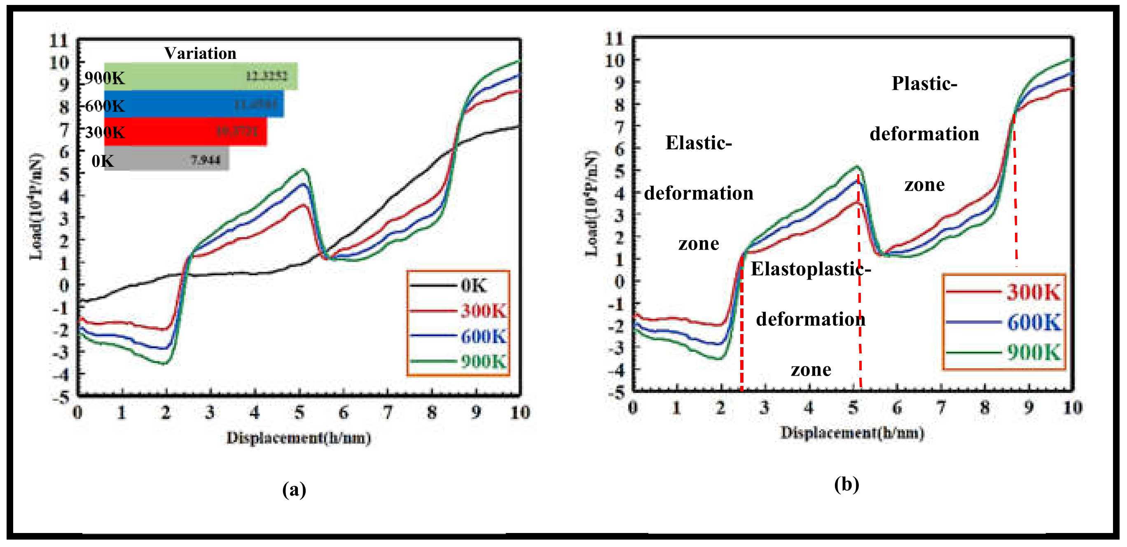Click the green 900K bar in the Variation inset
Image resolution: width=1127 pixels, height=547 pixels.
(x=201, y=77)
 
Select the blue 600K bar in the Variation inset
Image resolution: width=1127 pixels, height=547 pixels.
(x=195, y=104)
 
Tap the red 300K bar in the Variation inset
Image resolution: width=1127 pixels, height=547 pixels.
(x=186, y=131)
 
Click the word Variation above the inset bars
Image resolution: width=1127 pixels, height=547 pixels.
(x=200, y=54)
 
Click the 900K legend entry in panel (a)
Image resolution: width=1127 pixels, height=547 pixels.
(x=483, y=362)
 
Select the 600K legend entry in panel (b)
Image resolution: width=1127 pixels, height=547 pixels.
(x=1033, y=323)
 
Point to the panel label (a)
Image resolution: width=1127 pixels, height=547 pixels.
(x=294, y=489)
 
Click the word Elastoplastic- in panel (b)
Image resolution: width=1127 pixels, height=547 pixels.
(x=811, y=269)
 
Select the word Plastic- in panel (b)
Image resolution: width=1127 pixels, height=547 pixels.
(x=924, y=83)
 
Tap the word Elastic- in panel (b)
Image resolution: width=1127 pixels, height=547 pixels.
(x=698, y=143)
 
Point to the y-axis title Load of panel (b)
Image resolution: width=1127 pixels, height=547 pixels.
(x=591, y=204)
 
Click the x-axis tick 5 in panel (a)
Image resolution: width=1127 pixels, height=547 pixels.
(x=299, y=412)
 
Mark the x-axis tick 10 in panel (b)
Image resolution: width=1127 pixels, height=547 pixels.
(x=1072, y=408)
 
